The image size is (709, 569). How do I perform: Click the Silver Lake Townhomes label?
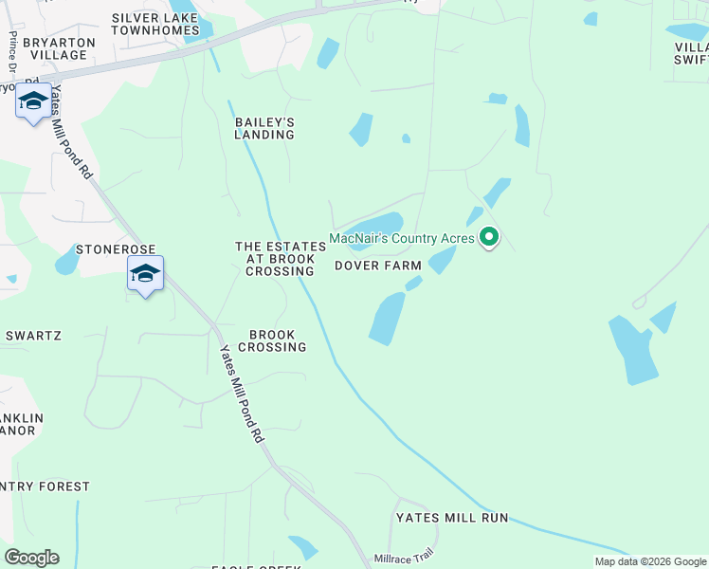point(155,24)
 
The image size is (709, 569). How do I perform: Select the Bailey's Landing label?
point(264,128)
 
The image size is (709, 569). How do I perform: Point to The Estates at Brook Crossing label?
point(280,259)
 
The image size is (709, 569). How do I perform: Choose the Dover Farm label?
point(377,266)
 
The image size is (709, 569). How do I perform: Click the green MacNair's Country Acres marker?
point(488,236)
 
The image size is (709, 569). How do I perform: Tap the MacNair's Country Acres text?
point(401,237)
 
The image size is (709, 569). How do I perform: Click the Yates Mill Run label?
point(452,518)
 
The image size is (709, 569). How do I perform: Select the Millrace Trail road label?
point(403,556)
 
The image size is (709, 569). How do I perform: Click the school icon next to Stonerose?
point(145,274)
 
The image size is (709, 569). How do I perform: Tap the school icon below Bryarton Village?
point(33,101)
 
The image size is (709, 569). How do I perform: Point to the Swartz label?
point(33,336)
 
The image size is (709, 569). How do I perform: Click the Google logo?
point(31,558)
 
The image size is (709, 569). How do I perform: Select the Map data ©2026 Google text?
point(649,561)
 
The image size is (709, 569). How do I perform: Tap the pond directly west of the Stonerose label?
point(66,259)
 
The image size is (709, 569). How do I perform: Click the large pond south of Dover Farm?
point(386,319)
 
